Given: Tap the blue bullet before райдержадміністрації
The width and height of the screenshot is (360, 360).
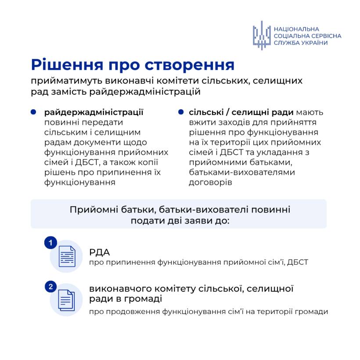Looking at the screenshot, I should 33,112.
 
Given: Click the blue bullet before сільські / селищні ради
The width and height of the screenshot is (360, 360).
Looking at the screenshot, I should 180,112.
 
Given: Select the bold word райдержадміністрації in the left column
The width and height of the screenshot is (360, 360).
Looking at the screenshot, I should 94,112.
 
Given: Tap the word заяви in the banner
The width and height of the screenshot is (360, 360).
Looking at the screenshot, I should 190,220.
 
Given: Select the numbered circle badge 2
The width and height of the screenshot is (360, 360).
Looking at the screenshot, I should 51,287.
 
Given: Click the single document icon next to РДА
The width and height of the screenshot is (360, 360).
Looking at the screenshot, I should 66,256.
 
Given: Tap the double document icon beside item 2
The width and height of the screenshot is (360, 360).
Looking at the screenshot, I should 66,300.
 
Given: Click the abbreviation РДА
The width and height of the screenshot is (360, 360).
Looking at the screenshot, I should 99,252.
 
